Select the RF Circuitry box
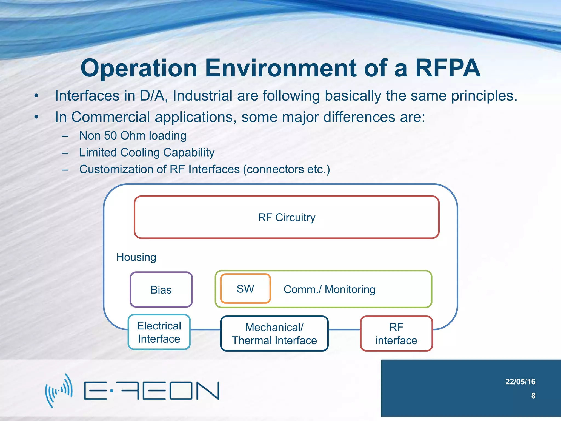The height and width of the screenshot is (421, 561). click(287, 217)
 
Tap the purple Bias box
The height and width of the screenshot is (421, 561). click(161, 290)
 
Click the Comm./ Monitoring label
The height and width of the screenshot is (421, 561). click(329, 289)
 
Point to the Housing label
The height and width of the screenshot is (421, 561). click(136, 257)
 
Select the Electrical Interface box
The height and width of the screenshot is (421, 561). click(159, 332)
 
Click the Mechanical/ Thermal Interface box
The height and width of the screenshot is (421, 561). click(274, 334)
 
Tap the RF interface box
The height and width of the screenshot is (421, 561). click(396, 334)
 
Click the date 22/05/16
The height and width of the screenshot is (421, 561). click(520, 382)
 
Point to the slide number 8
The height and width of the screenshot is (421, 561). click(533, 396)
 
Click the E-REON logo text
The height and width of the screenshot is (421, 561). click(151, 391)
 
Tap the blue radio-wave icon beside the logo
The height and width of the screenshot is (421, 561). click(59, 391)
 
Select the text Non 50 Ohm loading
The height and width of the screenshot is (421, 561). click(133, 136)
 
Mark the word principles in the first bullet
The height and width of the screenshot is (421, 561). click(483, 96)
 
